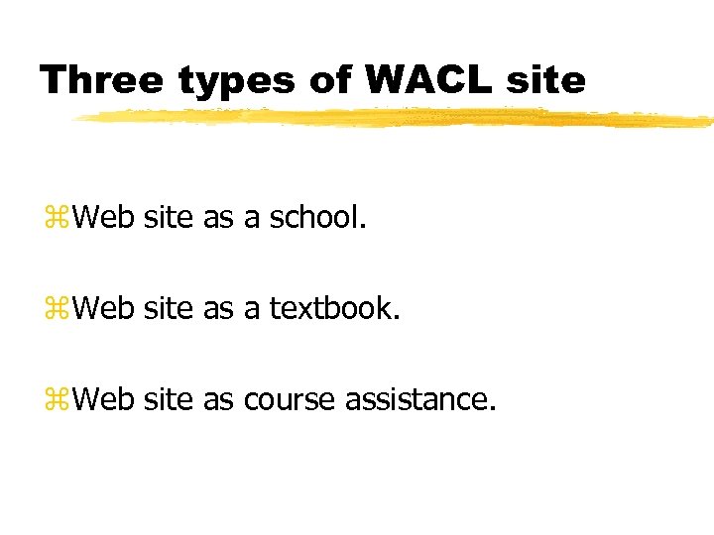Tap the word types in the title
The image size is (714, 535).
pos(238,78)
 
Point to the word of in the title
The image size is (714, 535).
pos(329,78)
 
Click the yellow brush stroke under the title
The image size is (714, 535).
pos(397,119)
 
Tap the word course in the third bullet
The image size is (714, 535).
pos(290,399)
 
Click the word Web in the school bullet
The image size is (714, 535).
pos(103,216)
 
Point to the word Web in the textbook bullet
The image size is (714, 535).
pos(103,307)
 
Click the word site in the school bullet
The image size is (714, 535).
pos(169,216)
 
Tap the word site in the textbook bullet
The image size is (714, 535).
pos(169,307)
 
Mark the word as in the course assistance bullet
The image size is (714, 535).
pos(217,400)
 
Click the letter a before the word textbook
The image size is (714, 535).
pos(252,309)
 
